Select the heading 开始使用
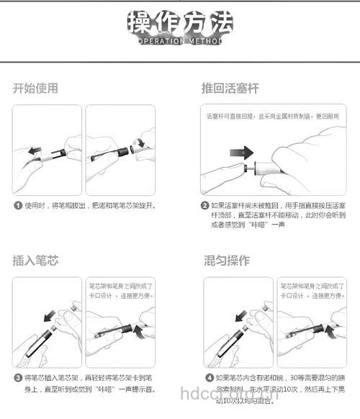[35, 89]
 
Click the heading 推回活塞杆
[230, 89]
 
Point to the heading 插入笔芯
[35, 259]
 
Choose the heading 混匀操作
[227, 259]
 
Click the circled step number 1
[18, 205]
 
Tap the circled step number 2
[205, 205]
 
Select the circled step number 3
[18, 377]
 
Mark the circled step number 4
[209, 377]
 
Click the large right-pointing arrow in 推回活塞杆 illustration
[241, 153]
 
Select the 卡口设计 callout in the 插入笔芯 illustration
[120, 290]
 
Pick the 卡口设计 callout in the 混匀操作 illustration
[311, 290]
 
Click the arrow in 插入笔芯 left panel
[48, 314]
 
